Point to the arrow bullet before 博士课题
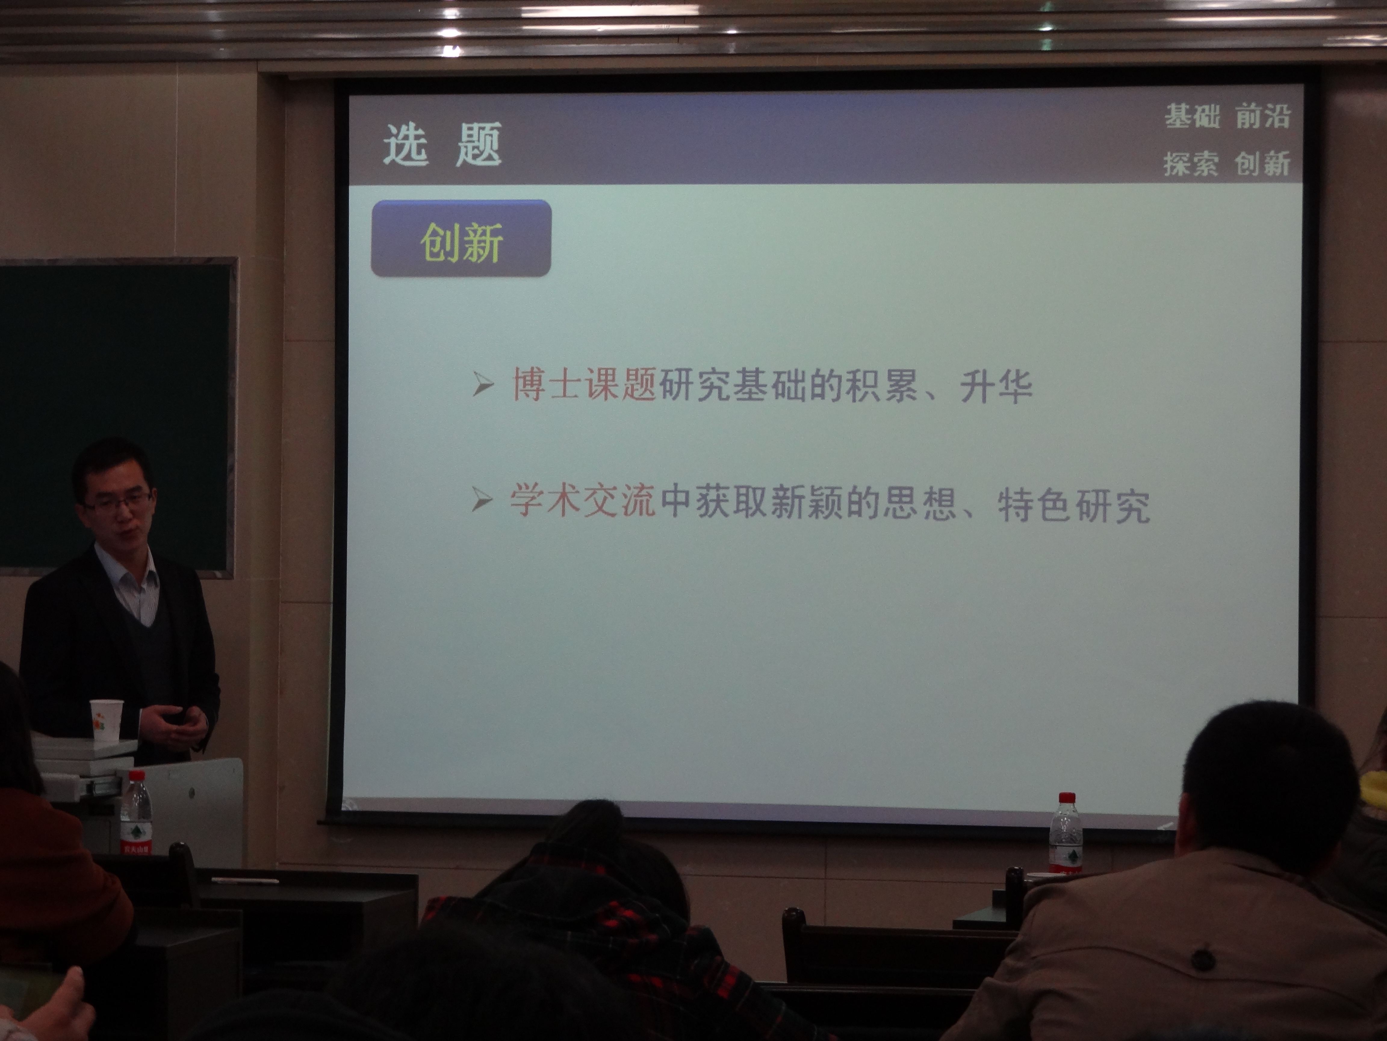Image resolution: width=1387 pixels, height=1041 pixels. coord(483,384)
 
